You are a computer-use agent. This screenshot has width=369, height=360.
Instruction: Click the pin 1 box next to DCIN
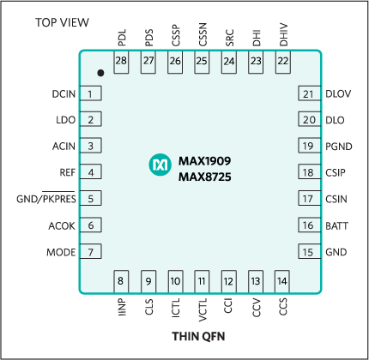[90, 93]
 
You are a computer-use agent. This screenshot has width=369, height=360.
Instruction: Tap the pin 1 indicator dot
[100, 73]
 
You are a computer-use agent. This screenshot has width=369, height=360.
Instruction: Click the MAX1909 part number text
[204, 160]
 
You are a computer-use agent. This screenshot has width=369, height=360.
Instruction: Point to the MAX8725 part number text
[204, 177]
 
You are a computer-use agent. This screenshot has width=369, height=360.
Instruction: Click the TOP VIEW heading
[62, 21]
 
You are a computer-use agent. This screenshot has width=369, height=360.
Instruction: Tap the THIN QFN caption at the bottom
[199, 336]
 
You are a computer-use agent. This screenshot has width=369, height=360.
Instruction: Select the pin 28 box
[121, 61]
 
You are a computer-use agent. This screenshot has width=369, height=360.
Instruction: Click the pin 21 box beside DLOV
[308, 93]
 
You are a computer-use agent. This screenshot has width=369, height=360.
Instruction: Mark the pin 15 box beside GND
[308, 252]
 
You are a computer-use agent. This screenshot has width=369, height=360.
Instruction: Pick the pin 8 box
[121, 280]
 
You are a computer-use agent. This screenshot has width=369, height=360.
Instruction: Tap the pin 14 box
[281, 280]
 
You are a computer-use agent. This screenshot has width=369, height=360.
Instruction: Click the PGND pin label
[339, 147]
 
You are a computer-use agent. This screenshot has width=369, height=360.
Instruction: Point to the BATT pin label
[338, 225]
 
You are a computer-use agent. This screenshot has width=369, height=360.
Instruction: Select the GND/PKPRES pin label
[46, 200]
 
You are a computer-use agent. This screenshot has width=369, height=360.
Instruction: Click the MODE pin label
[60, 252]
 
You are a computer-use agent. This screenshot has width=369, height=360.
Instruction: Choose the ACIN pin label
[64, 147]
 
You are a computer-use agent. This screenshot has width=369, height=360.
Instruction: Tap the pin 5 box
[90, 199]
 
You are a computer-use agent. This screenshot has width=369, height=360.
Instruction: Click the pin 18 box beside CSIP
[308, 173]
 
